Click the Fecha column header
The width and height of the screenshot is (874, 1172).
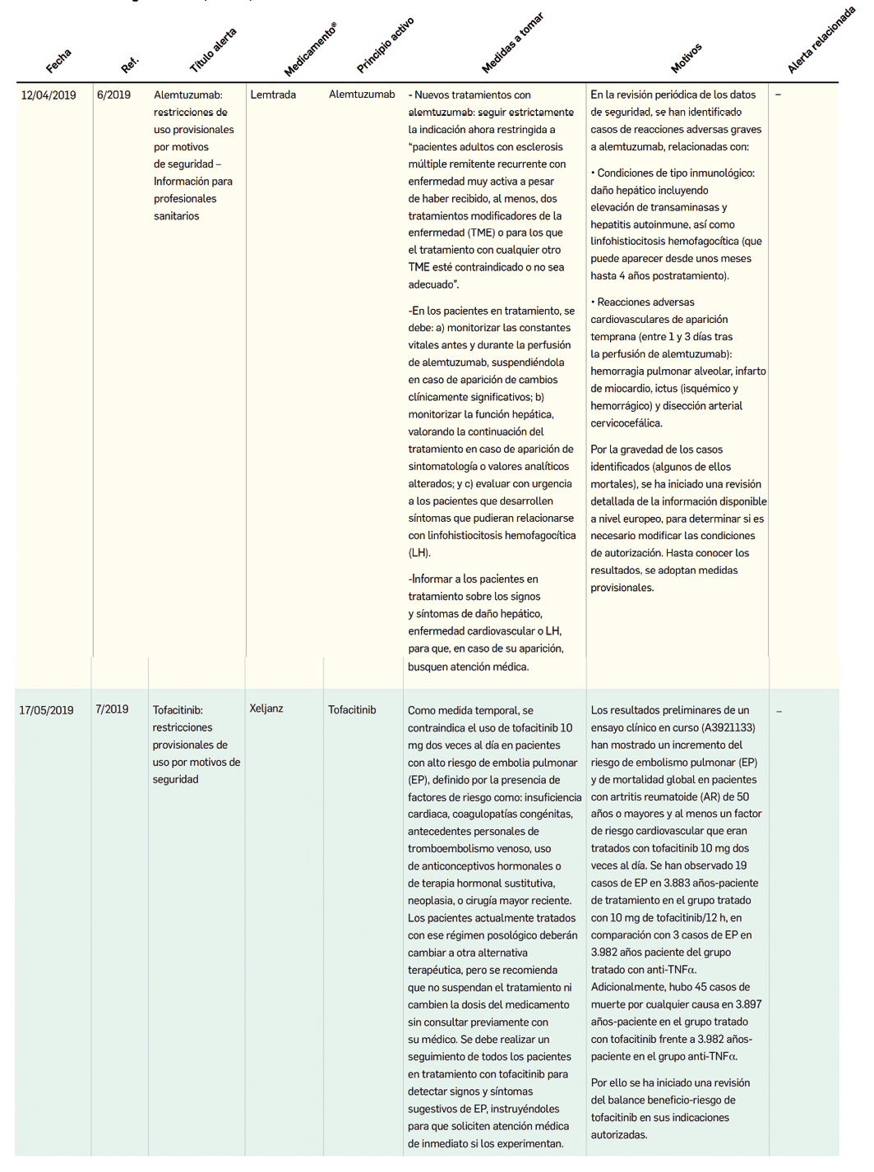tap(58, 61)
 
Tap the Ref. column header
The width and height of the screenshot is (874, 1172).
tap(130, 64)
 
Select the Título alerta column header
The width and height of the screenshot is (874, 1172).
tap(213, 50)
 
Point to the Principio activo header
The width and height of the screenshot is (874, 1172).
tap(385, 44)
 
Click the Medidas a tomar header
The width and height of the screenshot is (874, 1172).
tap(512, 43)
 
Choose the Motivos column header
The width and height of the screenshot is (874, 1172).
tap(686, 58)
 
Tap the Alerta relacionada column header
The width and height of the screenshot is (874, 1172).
tap(821, 40)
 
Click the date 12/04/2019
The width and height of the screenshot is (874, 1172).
tap(49, 95)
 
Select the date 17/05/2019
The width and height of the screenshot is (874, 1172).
tap(47, 710)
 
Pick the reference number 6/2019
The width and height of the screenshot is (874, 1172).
tap(113, 95)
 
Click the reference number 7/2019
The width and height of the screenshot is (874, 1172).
tap(112, 709)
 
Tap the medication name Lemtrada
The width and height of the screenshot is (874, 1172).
tap(273, 95)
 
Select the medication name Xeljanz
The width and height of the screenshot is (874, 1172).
tap(266, 708)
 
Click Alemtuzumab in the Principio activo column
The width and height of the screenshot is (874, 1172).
tap(362, 95)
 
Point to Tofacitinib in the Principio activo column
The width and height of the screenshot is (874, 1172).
tap(352, 710)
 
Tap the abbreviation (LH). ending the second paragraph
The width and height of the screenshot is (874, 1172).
tap(419, 553)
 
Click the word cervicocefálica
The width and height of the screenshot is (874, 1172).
tap(626, 423)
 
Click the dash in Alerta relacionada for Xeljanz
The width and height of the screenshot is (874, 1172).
tap(779, 711)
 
